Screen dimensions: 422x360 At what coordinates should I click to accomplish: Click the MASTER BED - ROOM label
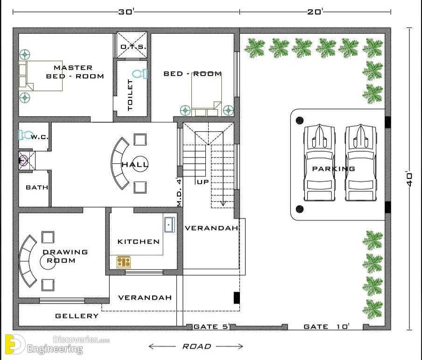(75, 72)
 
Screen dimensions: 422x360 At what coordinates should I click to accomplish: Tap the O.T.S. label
(133, 47)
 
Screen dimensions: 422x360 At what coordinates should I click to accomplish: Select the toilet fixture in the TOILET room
(140, 73)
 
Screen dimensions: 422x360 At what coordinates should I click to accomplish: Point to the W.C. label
(40, 137)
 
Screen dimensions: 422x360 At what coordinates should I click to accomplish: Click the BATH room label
(37, 187)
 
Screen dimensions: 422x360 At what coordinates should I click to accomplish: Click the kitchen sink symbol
(169, 225)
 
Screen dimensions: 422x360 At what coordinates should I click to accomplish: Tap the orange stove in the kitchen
(124, 262)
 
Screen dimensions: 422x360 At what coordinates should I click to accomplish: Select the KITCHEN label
(139, 241)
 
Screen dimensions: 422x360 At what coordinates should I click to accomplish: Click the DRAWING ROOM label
(65, 256)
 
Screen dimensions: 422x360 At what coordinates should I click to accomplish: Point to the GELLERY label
(77, 316)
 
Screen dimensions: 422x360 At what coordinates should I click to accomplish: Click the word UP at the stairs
(203, 182)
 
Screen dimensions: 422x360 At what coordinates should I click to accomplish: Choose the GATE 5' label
(211, 326)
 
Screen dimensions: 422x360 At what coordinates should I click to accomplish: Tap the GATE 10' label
(326, 326)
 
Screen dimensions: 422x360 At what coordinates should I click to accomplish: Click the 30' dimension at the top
(126, 12)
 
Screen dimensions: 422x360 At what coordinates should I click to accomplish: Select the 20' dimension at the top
(315, 12)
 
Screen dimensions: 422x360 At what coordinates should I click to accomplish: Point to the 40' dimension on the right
(409, 179)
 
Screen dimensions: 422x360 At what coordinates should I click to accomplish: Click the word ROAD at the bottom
(197, 346)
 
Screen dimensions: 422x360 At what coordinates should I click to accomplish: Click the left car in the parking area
(319, 162)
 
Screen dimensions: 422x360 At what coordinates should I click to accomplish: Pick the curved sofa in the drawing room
(27, 261)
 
